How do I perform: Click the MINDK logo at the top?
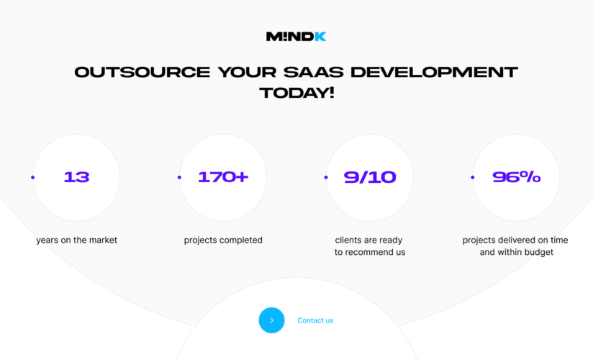pos(296,36)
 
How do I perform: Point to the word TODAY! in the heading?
pos(296,93)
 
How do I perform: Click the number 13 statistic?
pos(76,177)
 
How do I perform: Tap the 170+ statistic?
pos(223,177)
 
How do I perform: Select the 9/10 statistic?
pos(370,177)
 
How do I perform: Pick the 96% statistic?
pos(516,177)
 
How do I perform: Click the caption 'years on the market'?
pos(76,240)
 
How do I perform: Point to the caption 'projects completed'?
pos(223,240)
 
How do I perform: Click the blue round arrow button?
pos(271,320)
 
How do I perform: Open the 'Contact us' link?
pos(315,320)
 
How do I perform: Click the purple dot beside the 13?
pos(32,177)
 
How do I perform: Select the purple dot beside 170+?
pos(179,177)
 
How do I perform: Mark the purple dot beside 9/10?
pos(326,177)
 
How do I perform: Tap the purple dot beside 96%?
pos(472,177)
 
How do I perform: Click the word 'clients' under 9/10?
pos(348,240)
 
